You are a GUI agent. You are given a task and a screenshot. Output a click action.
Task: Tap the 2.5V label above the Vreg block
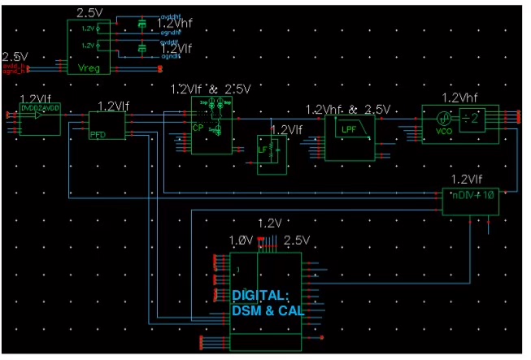point(89,13)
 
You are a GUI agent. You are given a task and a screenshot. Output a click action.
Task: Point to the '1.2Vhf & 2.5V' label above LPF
point(348,108)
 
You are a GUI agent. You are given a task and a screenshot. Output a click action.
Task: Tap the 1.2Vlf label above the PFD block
point(112,106)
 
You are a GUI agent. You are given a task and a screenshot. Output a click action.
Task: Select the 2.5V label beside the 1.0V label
point(298,241)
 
